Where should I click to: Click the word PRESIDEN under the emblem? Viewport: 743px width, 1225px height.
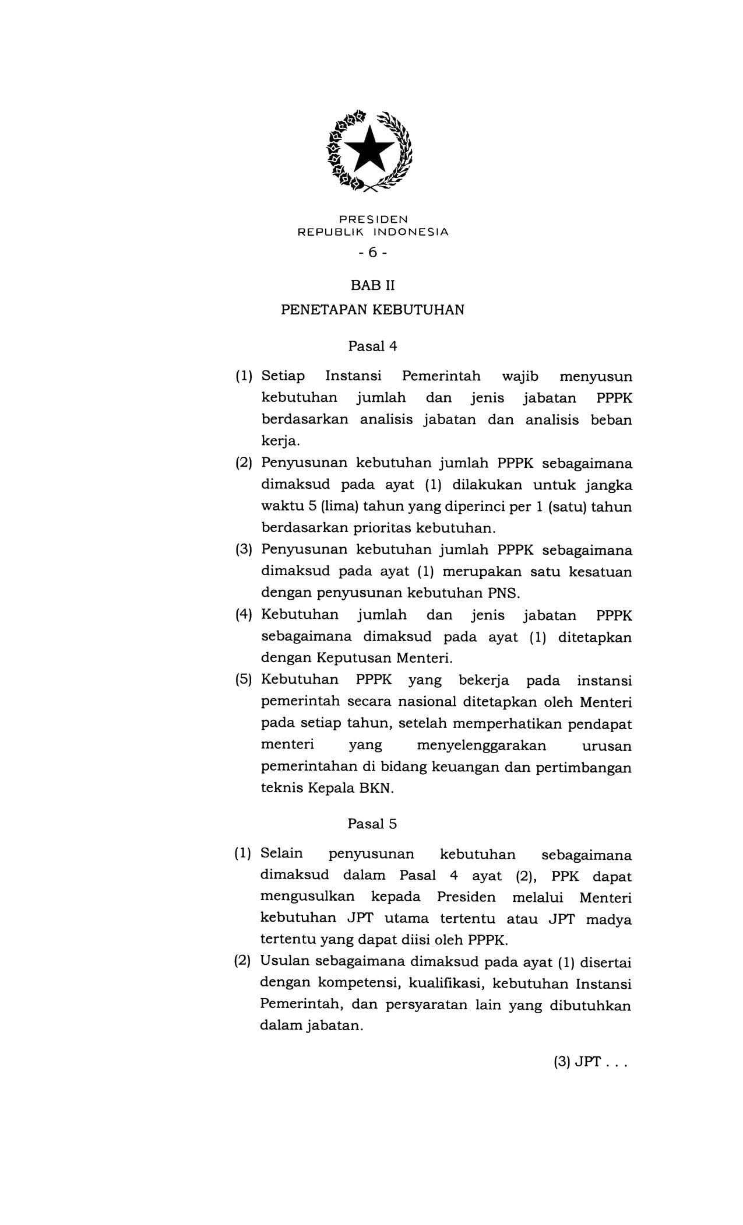click(373, 219)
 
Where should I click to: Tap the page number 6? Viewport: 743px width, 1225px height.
click(372, 252)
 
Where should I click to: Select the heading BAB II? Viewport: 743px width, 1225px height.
click(372, 286)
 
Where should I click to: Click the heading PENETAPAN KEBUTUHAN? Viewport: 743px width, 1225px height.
click(372, 309)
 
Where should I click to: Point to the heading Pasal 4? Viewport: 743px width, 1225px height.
click(372, 346)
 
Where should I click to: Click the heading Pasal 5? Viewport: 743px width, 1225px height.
click(372, 824)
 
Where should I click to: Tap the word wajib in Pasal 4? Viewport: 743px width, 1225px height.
click(520, 376)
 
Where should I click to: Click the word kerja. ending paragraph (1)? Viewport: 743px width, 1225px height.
click(280, 442)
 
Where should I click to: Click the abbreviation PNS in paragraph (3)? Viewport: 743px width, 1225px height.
click(503, 593)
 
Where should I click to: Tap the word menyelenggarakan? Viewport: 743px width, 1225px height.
click(481, 745)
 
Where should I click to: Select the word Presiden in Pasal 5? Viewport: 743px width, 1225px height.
click(466, 897)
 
